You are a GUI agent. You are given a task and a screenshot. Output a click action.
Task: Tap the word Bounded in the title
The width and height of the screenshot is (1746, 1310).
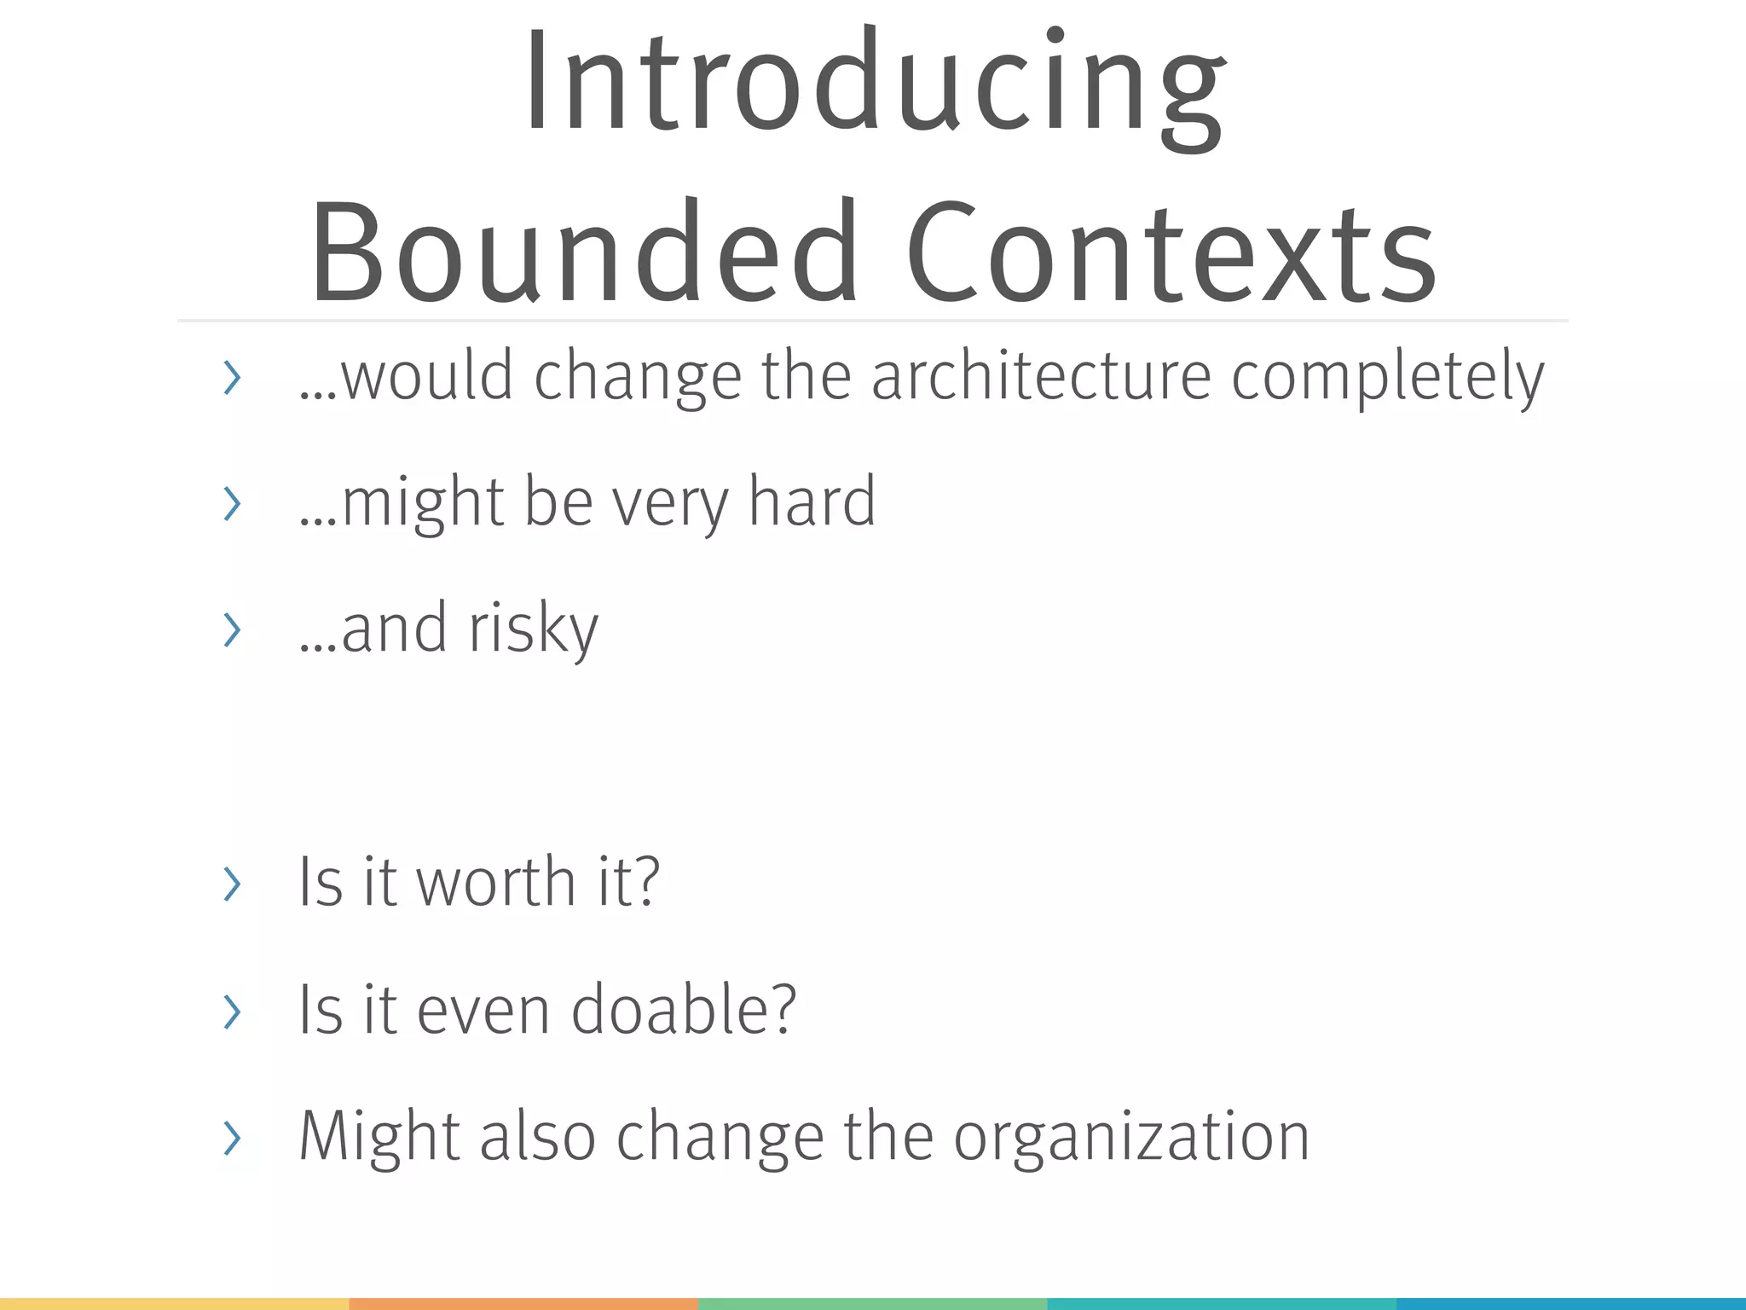pyautogui.click(x=584, y=252)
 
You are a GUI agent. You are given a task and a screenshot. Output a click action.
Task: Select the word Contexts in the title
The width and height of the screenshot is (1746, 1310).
pyautogui.click(x=1171, y=252)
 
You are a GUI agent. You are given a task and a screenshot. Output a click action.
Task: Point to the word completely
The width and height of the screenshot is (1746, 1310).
pyautogui.click(x=1387, y=378)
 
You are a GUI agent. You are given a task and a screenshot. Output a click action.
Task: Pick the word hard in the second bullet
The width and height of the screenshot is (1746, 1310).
pyautogui.click(x=812, y=501)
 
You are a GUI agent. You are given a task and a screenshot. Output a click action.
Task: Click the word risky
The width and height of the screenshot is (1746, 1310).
pyautogui.click(x=534, y=629)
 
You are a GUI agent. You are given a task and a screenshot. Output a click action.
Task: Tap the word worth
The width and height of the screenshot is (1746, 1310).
pyautogui.click(x=496, y=882)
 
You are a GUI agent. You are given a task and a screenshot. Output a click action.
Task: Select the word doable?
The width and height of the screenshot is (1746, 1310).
pyautogui.click(x=684, y=1009)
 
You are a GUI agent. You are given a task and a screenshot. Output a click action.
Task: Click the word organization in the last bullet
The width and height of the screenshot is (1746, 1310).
pyautogui.click(x=1131, y=1138)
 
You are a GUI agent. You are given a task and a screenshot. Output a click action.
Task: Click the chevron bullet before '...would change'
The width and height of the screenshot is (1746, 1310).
pyautogui.click(x=231, y=378)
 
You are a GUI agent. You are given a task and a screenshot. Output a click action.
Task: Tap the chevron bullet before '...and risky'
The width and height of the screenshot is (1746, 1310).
pyautogui.click(x=231, y=630)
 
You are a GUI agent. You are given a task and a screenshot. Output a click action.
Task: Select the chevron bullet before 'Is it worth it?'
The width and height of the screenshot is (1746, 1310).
pyautogui.click(x=231, y=884)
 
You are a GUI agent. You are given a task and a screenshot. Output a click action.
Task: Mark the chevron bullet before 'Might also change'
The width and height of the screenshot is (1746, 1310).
pyautogui.click(x=231, y=1138)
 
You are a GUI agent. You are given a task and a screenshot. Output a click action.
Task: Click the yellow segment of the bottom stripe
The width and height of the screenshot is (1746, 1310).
pyautogui.click(x=174, y=1304)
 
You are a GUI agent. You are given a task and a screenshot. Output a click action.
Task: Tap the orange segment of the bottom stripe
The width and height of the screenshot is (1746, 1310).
pyautogui.click(x=523, y=1304)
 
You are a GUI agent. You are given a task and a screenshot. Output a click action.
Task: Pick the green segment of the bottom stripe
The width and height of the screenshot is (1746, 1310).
pyautogui.click(x=872, y=1304)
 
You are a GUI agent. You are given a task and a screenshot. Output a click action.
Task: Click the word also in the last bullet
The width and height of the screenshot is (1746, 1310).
pyautogui.click(x=537, y=1136)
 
